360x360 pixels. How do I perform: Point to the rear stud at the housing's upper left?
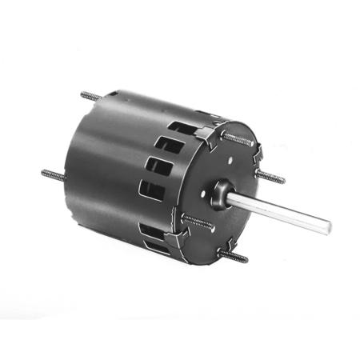91,96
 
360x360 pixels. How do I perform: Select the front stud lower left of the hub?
196,218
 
